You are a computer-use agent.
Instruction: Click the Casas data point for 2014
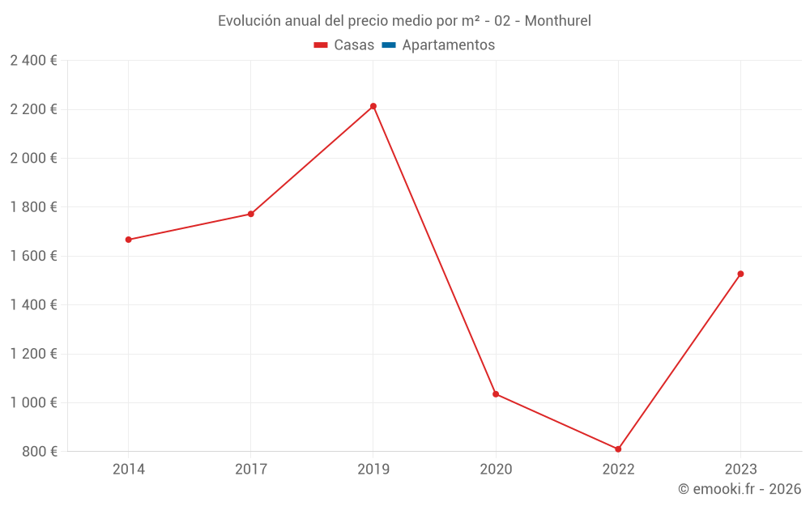128,240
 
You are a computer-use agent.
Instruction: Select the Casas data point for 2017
251,214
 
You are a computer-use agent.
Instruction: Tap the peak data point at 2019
373,106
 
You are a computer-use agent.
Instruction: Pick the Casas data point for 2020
496,394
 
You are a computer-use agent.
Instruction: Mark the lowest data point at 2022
618,449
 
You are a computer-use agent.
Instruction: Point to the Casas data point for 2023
740,274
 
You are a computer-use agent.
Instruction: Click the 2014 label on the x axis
128,470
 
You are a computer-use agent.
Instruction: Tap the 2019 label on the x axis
373,470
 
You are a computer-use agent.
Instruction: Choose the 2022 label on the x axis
618,470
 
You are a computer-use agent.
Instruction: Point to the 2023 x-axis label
740,470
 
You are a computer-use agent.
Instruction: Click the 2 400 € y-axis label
33,61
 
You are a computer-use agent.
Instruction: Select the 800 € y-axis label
40,452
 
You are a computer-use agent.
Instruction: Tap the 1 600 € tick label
33,256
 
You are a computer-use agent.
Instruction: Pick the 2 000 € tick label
33,159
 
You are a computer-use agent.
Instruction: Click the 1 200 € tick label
33,354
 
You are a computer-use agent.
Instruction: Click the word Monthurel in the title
557,21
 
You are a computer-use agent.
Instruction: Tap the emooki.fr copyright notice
739,489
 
